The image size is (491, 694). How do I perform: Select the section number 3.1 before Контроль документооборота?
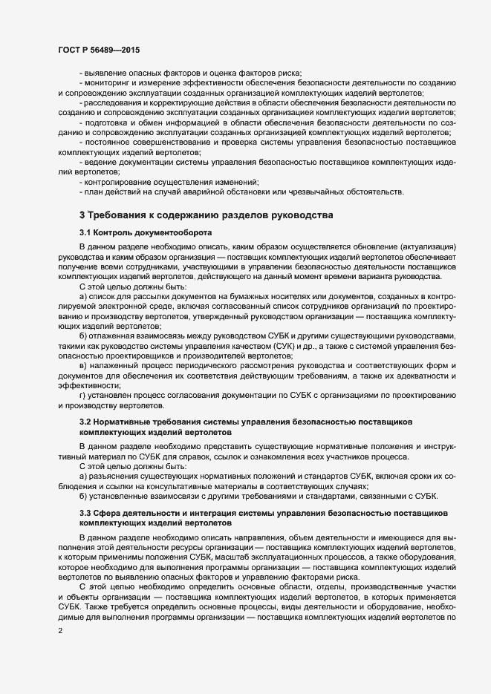(86, 232)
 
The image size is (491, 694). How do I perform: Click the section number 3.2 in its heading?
(86, 422)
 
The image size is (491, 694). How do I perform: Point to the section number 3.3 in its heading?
(86, 513)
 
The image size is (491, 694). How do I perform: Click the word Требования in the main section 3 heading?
(124, 215)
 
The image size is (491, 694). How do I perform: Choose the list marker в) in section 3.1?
(84, 366)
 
